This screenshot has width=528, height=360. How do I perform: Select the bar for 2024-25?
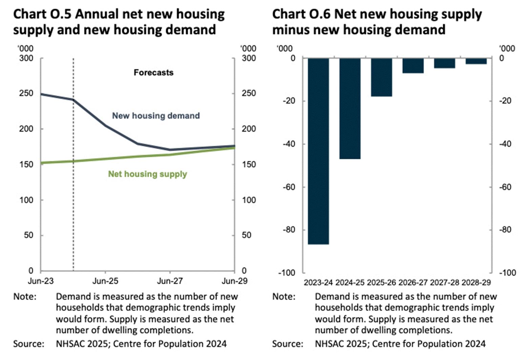pyautogui.click(x=350, y=108)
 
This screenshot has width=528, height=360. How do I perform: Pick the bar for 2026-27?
pyautogui.click(x=413, y=66)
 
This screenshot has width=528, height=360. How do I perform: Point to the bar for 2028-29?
pyautogui.click(x=476, y=61)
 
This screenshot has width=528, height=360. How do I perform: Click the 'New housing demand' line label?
pyautogui.click(x=156, y=116)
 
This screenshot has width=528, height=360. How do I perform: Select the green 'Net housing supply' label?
pyautogui.click(x=147, y=174)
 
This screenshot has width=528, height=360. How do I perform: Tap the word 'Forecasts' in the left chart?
pyautogui.click(x=153, y=72)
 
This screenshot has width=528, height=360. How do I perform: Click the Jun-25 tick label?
pyautogui.click(x=105, y=281)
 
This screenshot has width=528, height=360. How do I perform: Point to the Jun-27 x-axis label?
pyautogui.click(x=170, y=281)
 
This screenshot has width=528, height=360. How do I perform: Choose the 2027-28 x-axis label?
pyautogui.click(x=445, y=282)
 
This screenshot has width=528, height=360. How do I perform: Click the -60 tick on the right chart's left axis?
pyautogui.click(x=289, y=187)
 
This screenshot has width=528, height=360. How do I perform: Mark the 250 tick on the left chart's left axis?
pyautogui.click(x=26, y=93)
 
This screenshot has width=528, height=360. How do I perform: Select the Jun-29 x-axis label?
pyautogui.click(x=234, y=281)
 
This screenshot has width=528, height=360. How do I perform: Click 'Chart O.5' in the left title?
pyautogui.click(x=42, y=14)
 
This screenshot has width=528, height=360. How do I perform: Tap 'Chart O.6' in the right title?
pyautogui.click(x=301, y=14)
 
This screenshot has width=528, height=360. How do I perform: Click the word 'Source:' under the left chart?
pyautogui.click(x=29, y=344)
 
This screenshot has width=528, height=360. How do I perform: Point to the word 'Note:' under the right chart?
pyautogui.click(x=284, y=297)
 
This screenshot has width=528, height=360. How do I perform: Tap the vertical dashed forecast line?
pyautogui.click(x=73, y=203)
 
